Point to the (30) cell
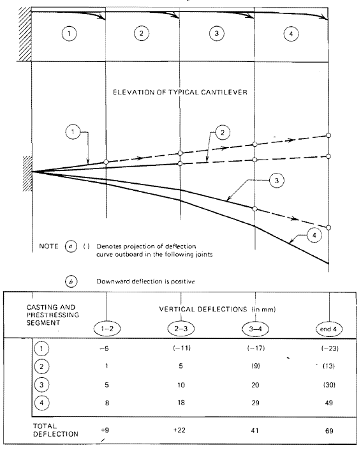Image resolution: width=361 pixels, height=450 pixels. (x=328, y=386)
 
